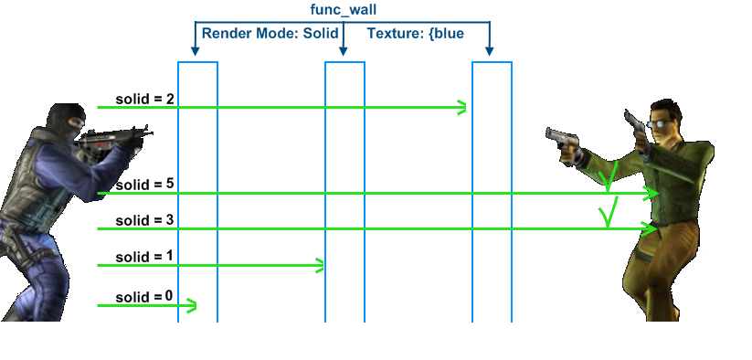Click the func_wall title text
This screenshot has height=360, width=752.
pyautogui.click(x=344, y=9)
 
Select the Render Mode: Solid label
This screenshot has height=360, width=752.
pyautogui.click(x=270, y=34)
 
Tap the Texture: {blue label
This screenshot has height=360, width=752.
pyautogui.click(x=416, y=34)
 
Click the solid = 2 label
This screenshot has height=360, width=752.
pyautogui.click(x=144, y=99)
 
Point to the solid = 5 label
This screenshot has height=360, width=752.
pyautogui.click(x=144, y=184)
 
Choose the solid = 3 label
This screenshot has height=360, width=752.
pyautogui.click(x=144, y=220)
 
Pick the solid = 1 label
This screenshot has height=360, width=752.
pyautogui.click(x=144, y=257)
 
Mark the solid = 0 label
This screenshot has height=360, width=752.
pyautogui.click(x=144, y=297)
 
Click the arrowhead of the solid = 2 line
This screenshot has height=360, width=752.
pyautogui.click(x=461, y=108)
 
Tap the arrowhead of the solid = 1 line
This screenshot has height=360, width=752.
pyautogui.click(x=319, y=265)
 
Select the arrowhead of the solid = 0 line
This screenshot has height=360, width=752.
pyautogui.click(x=191, y=305)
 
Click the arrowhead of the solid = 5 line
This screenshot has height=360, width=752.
pyautogui.click(x=652, y=193)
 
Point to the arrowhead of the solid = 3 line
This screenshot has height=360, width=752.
pyautogui.click(x=651, y=229)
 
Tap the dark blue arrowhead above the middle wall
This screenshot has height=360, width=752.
pyautogui.click(x=343, y=51)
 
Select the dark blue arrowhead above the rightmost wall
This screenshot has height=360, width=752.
pyautogui.click(x=489, y=51)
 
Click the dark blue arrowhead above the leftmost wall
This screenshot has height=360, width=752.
pyautogui.click(x=195, y=51)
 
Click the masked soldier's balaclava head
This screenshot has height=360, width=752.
pyautogui.click(x=66, y=121)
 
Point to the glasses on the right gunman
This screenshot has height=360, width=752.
pyautogui.click(x=657, y=123)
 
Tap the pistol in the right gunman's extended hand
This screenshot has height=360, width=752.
pyautogui.click(x=561, y=140)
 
